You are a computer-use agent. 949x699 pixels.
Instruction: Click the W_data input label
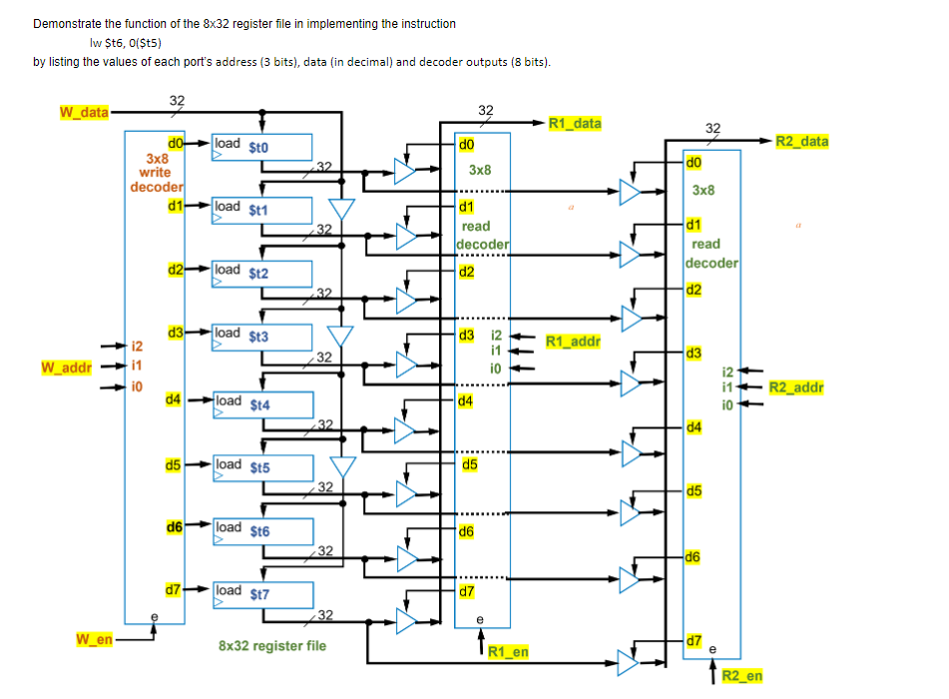coord(83,112)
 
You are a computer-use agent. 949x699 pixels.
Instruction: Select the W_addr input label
coord(66,367)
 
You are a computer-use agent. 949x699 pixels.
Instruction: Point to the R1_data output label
coord(576,124)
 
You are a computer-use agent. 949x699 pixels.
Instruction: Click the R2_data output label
coord(802,142)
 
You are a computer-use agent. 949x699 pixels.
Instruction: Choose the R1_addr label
coord(573,342)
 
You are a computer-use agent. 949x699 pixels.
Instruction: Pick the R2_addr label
coord(796,387)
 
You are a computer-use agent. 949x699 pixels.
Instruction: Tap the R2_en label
coord(741,676)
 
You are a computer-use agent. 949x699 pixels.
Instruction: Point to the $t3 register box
coord(262,339)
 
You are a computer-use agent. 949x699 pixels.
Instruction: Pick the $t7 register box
coord(262,594)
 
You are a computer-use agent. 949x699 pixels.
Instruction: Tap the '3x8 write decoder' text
coord(157,172)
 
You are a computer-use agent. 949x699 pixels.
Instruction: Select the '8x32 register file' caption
coord(271,646)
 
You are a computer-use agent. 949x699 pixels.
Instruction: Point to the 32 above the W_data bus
coord(177,100)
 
